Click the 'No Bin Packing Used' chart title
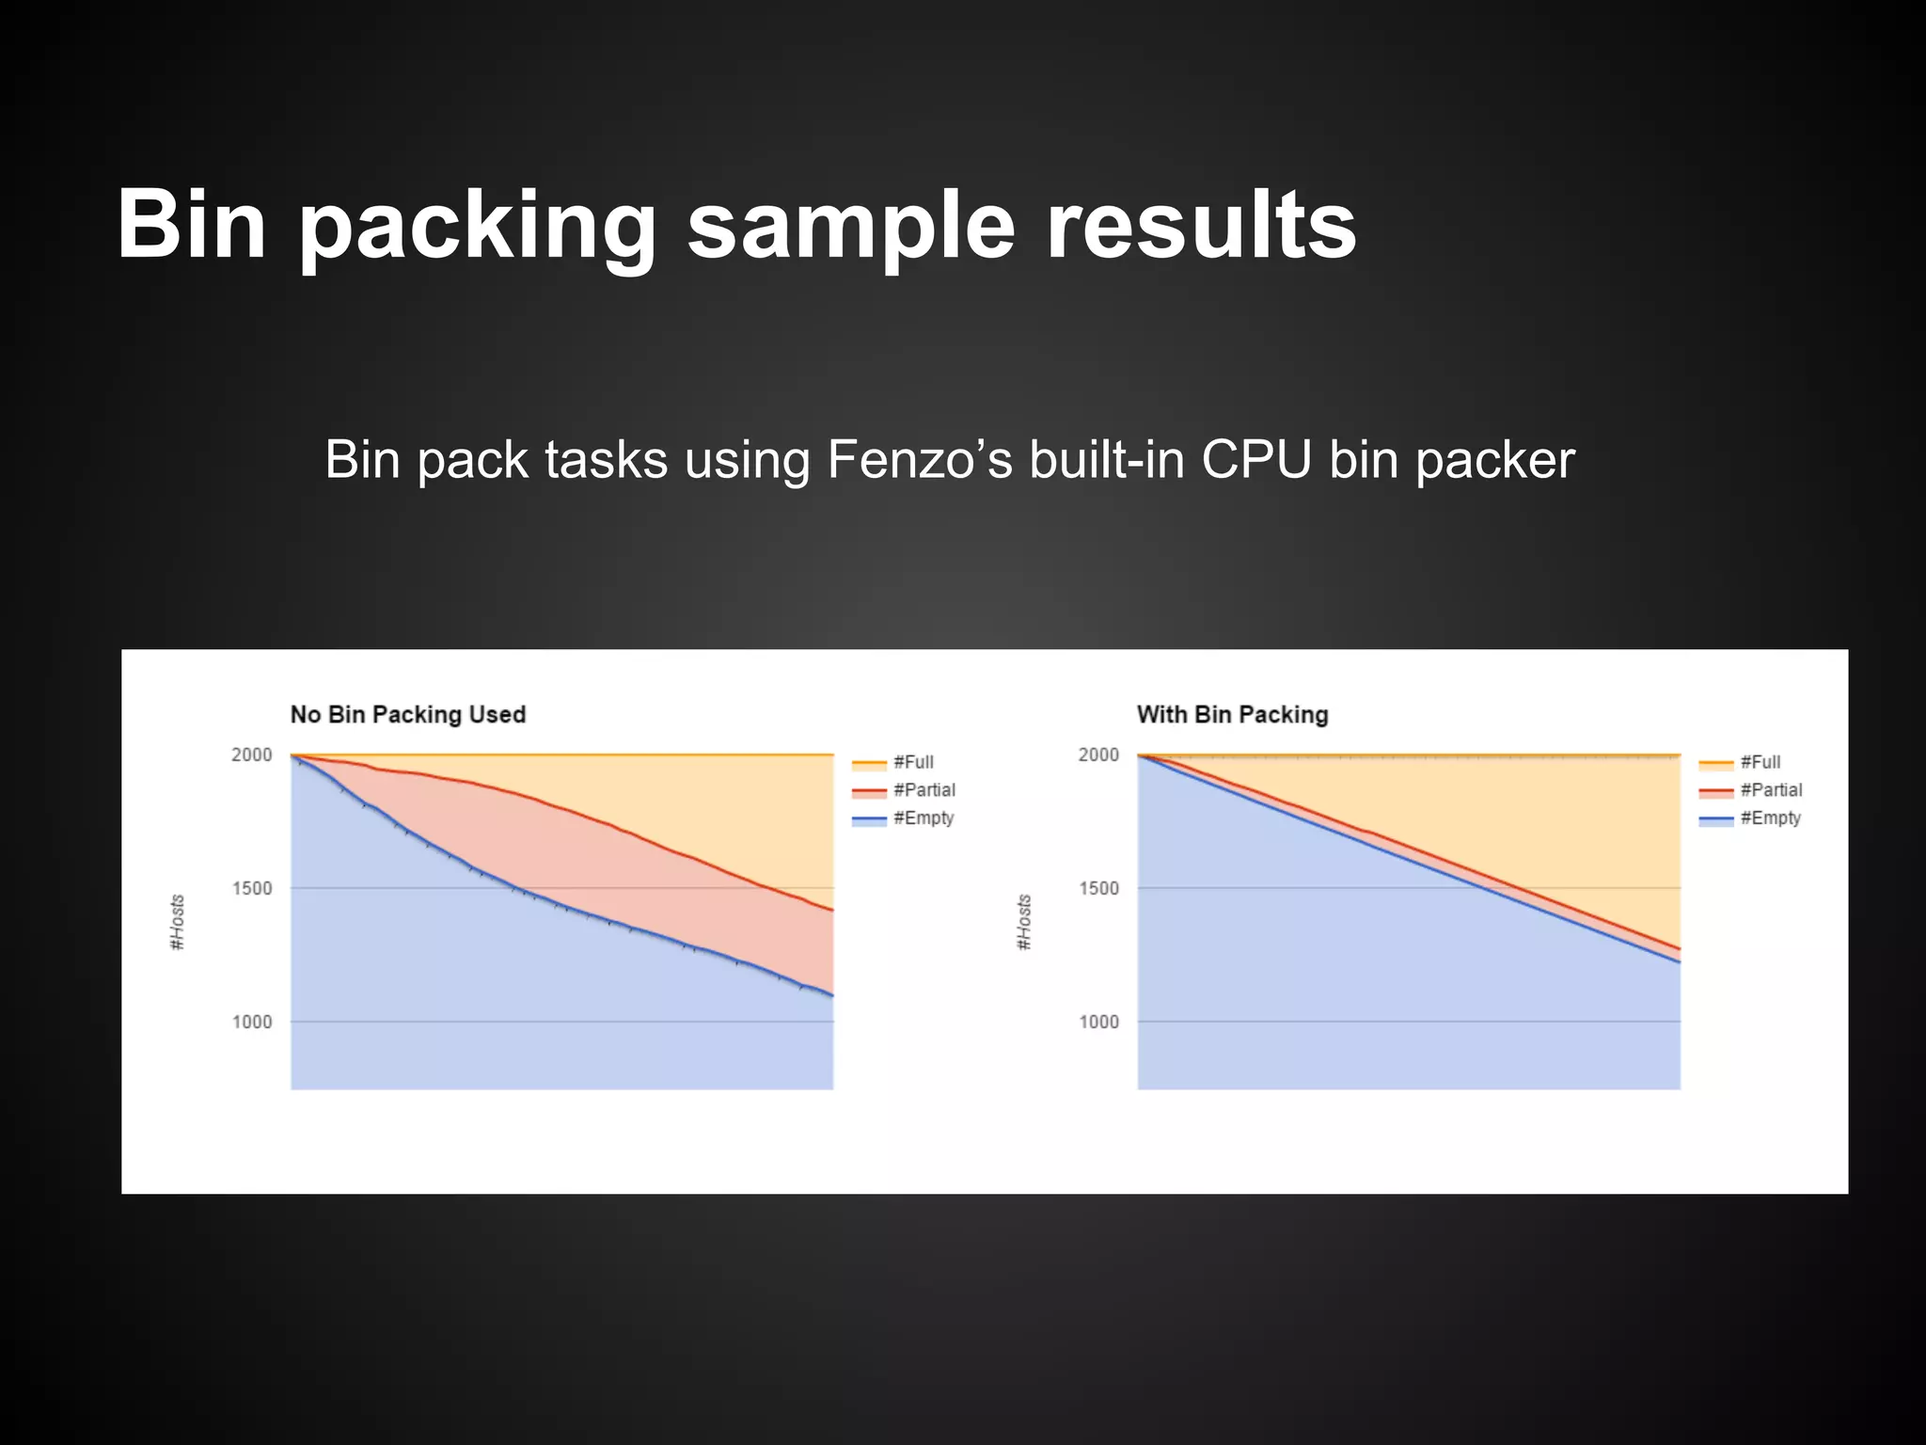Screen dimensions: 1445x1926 click(407, 715)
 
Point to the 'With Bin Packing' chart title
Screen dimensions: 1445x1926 click(1232, 715)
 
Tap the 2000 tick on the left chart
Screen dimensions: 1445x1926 click(252, 754)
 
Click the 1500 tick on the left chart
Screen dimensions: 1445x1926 click(252, 888)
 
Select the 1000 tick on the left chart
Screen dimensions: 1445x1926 click(252, 1022)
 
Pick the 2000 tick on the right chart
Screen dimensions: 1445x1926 click(1098, 754)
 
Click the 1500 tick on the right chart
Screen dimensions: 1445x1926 click(1098, 888)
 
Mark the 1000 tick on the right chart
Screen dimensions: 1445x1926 click(1098, 1022)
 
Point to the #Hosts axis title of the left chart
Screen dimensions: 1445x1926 click(177, 922)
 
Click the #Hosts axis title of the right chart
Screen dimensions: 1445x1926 click(1024, 922)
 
